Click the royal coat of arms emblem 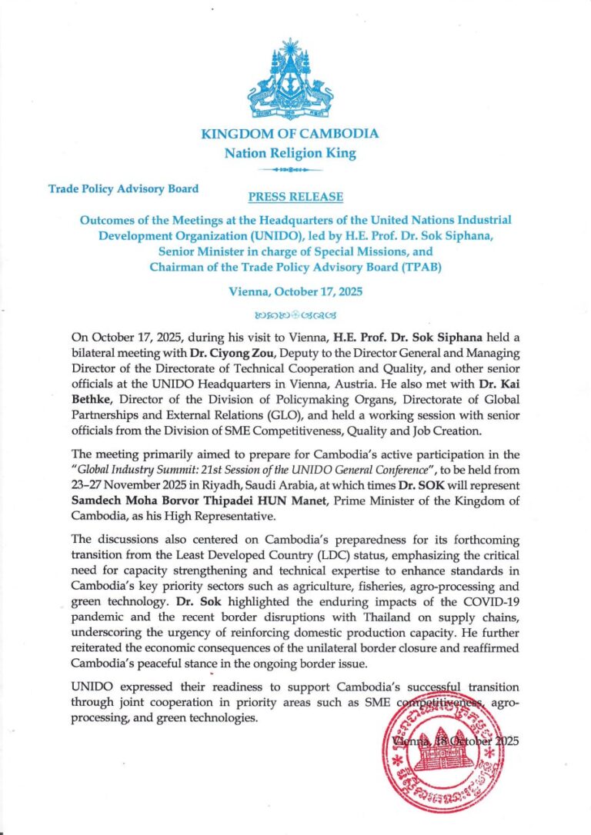tap(289, 80)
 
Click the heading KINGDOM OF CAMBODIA tap(289, 134)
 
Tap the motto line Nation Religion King tap(290, 153)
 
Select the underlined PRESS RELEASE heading tap(296, 197)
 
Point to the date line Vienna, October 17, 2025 tap(295, 291)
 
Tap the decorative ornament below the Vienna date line tap(295, 314)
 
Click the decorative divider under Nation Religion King tap(290, 168)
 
